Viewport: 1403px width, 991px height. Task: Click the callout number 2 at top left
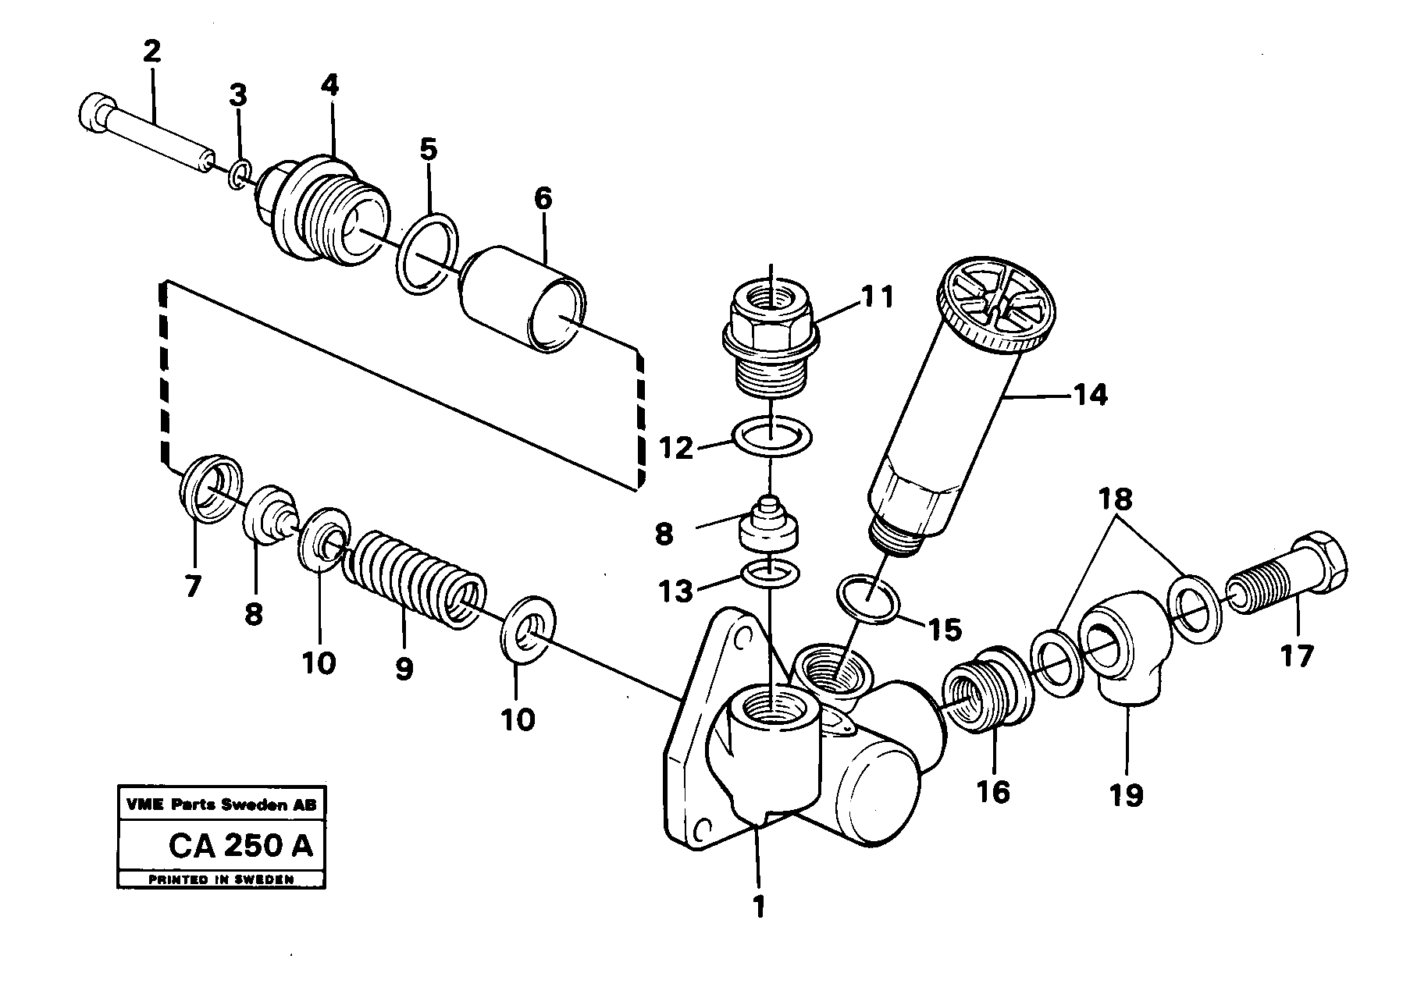coord(151,52)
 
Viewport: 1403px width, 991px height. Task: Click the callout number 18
coord(1116,499)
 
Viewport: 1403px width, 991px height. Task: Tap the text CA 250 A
coord(240,846)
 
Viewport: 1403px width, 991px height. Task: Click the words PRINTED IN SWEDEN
coord(221,879)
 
